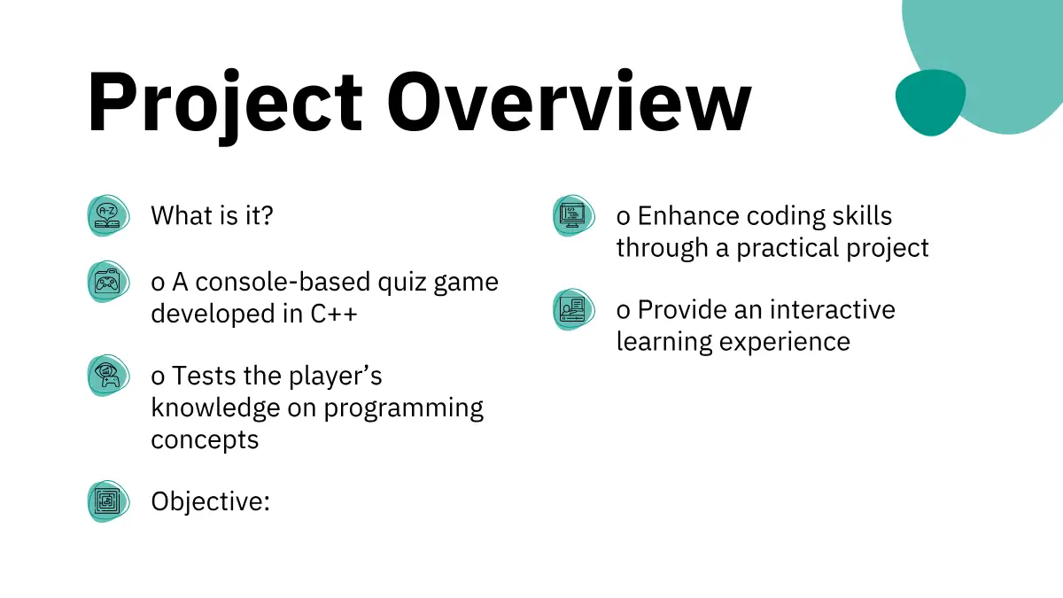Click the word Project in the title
tap(225, 105)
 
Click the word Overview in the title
tap(569, 101)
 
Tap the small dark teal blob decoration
tap(930, 103)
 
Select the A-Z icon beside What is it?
tap(108, 215)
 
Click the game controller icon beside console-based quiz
tap(108, 282)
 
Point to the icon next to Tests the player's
tap(108, 376)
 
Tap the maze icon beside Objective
tap(108, 501)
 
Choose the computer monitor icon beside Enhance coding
tap(574, 215)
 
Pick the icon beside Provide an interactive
tap(574, 309)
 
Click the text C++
tap(334, 314)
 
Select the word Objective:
tap(210, 501)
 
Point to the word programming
tap(403, 409)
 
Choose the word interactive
tap(833, 310)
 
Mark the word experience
tap(785, 343)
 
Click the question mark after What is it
tap(268, 215)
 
